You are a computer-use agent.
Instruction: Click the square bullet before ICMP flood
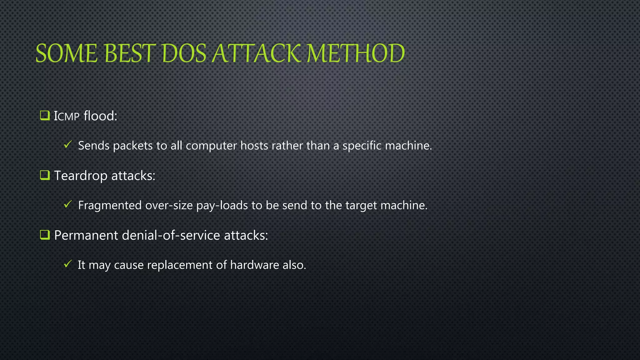coord(45,116)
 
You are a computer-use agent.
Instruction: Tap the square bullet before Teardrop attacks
coord(45,175)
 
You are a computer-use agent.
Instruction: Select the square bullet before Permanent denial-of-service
coord(45,235)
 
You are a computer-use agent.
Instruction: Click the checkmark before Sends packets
coord(68,144)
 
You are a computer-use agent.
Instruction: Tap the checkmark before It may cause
coord(68,264)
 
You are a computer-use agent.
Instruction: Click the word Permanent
coord(86,235)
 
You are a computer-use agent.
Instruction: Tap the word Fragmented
coord(110,206)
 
